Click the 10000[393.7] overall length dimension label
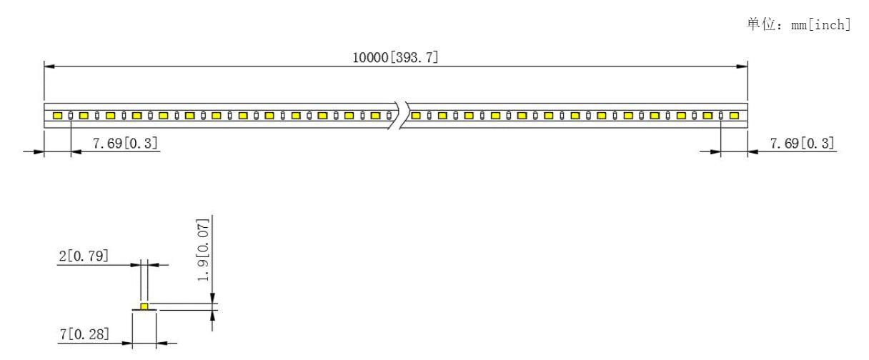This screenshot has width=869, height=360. pos(395,57)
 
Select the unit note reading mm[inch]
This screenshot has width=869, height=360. pos(821,25)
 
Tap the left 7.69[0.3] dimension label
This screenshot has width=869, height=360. pos(125,143)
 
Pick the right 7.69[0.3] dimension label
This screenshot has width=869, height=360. pos(803,143)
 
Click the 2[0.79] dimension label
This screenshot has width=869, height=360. pos(84,256)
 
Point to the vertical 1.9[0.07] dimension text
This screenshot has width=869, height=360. pos(203,250)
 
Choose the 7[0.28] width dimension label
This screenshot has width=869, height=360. pos(84,334)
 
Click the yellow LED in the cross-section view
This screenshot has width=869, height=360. pos(144,306)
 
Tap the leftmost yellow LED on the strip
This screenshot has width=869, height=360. pos(57,116)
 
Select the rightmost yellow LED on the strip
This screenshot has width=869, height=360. pos(734,116)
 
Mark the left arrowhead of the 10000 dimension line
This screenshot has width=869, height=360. pos(49,66)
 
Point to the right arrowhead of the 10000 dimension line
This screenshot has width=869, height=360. pos(742,66)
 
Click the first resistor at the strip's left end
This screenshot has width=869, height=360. pos(71,116)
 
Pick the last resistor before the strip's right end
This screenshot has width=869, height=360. pos(721,116)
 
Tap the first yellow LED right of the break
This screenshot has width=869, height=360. pos(416,116)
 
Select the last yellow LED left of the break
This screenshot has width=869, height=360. pos(375,116)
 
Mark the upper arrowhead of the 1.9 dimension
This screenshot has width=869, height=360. pos(212,298)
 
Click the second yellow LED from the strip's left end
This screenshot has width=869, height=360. pos(84,116)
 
